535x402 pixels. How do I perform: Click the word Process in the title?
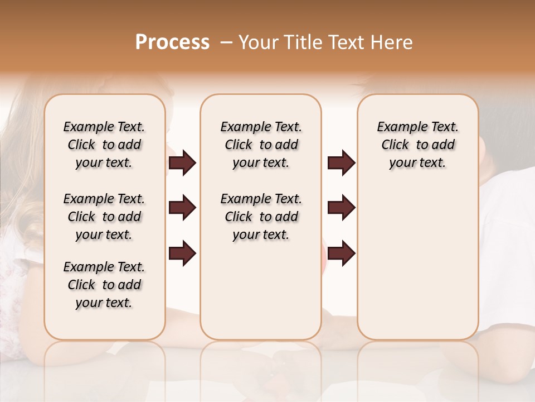(172, 42)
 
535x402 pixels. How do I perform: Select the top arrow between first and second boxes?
(182, 162)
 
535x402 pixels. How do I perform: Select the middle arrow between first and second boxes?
(182, 208)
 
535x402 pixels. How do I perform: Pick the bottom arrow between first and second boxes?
(182, 253)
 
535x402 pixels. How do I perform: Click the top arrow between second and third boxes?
(341, 162)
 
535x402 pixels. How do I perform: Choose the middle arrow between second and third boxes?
(341, 208)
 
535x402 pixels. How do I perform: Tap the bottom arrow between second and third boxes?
(341, 253)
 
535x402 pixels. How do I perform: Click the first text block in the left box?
(104, 145)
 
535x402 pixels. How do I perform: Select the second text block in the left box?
(104, 217)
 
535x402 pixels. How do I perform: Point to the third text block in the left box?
(104, 285)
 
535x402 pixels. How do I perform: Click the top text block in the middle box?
(261, 145)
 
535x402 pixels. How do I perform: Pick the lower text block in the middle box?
(261, 217)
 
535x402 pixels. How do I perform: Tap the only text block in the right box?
(417, 145)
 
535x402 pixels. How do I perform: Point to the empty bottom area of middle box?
(261, 290)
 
